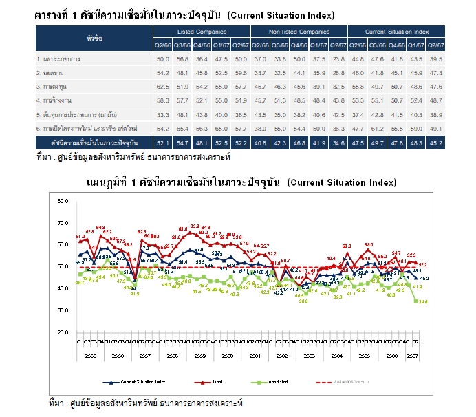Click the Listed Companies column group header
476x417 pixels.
202,32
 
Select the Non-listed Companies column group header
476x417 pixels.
299,32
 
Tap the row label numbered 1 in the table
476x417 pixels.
58,60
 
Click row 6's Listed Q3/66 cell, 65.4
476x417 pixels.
182,128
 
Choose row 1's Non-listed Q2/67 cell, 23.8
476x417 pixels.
338,60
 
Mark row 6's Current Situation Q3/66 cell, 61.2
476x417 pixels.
377,128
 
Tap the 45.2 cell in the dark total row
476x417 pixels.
435,142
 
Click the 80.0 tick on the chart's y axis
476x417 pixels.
64,202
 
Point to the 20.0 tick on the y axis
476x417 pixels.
64,333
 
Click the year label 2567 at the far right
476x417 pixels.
414,356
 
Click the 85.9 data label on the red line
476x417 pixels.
195,226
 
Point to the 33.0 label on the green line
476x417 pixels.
303,301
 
